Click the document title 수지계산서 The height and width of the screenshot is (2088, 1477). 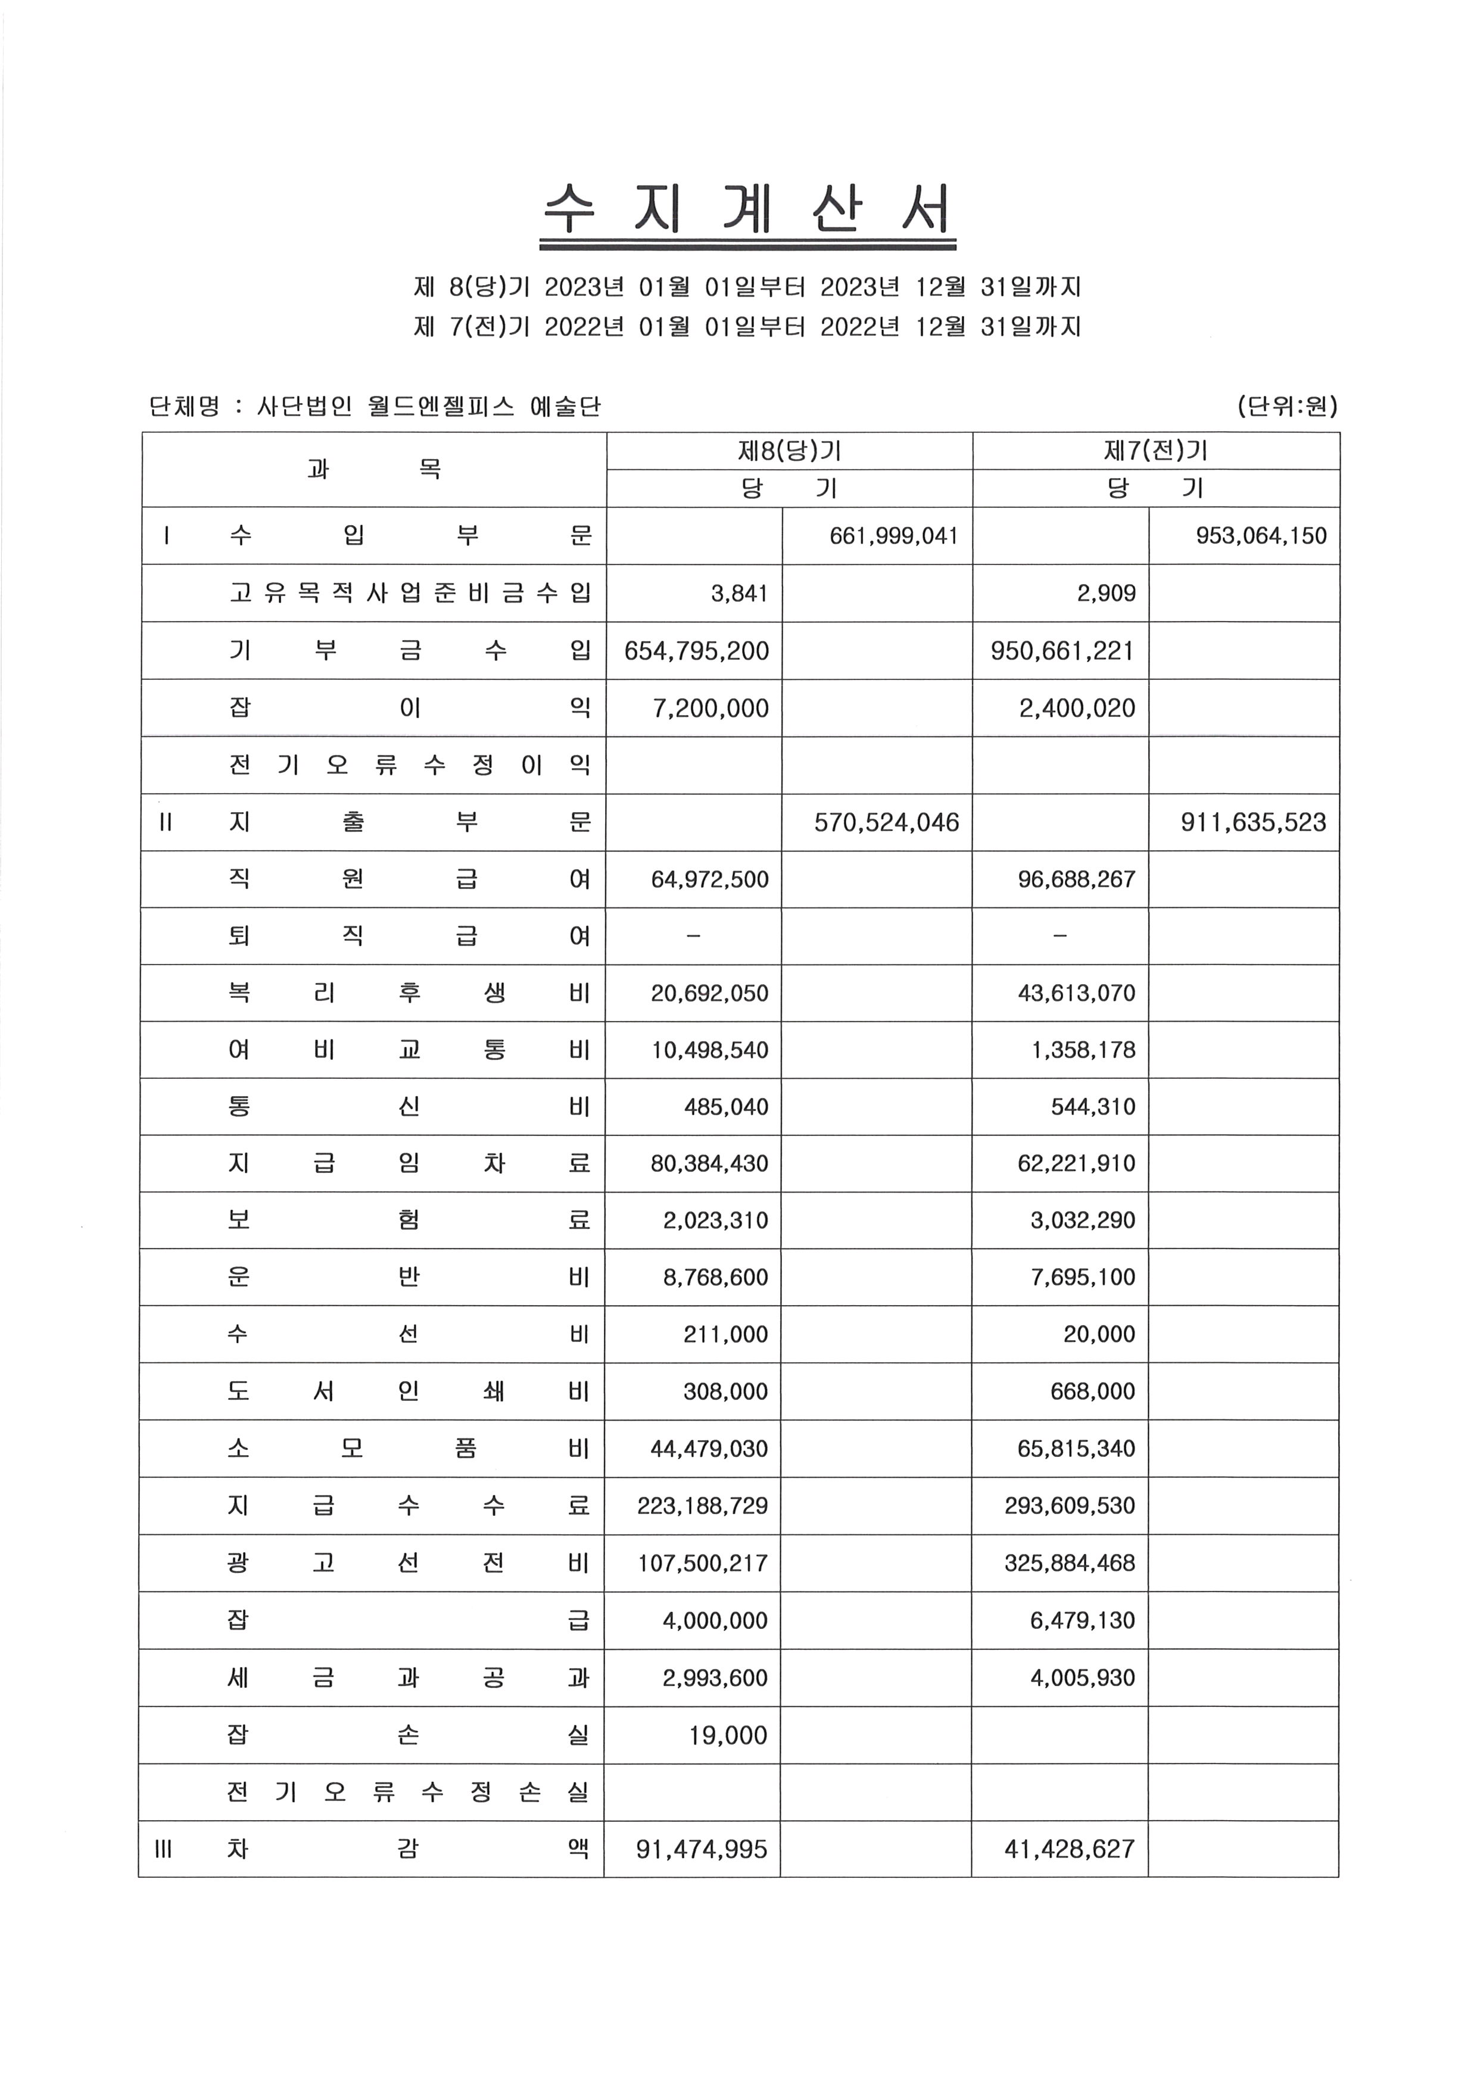(747, 210)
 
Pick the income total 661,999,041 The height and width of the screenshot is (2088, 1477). (893, 536)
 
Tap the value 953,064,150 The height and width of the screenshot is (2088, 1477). (1261, 536)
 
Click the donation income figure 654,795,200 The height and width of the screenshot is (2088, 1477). (697, 651)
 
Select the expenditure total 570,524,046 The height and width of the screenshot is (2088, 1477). (886, 823)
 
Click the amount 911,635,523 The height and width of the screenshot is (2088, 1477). (1253, 823)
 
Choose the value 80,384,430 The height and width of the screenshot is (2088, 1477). (709, 1164)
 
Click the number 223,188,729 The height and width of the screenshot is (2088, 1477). (702, 1506)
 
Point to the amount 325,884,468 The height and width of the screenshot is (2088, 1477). (1070, 1563)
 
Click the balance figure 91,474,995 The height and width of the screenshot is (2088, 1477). (701, 1850)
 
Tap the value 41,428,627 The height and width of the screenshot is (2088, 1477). (1070, 1850)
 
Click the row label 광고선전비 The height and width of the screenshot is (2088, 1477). (409, 1563)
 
